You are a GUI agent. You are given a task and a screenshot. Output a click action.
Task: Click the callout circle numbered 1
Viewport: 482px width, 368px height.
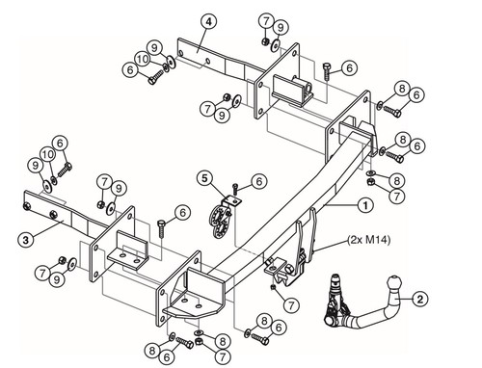[x=365, y=205]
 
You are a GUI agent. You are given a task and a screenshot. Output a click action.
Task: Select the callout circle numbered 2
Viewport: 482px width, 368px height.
[x=420, y=300]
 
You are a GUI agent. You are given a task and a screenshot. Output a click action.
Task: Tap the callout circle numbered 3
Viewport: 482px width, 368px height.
[x=26, y=240]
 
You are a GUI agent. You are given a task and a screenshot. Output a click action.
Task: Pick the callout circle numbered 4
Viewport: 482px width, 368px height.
[x=209, y=22]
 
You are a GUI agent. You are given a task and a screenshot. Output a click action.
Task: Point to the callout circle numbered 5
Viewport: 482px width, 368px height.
[x=205, y=178]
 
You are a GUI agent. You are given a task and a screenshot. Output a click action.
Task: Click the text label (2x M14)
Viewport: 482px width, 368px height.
[x=369, y=240]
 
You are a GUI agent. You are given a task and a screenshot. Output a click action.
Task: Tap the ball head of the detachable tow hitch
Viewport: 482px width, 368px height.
[x=394, y=283]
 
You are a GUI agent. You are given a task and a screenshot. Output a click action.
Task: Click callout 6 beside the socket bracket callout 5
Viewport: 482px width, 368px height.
[x=259, y=181]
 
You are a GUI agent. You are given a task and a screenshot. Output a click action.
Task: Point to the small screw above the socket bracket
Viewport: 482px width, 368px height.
[x=235, y=189]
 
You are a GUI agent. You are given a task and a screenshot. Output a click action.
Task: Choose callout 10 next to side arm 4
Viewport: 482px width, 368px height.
[x=143, y=59]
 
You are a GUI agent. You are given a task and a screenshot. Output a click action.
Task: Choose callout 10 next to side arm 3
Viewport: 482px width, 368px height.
[x=47, y=154]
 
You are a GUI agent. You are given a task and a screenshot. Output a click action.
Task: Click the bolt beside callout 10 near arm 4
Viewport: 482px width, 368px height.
[x=156, y=77]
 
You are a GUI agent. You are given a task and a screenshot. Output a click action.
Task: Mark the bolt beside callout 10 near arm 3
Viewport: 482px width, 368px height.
[x=65, y=170]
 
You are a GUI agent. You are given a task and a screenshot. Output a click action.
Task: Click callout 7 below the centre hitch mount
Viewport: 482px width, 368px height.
[x=291, y=304]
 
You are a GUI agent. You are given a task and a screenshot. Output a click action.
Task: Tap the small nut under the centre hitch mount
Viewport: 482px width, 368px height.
[x=273, y=286]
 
